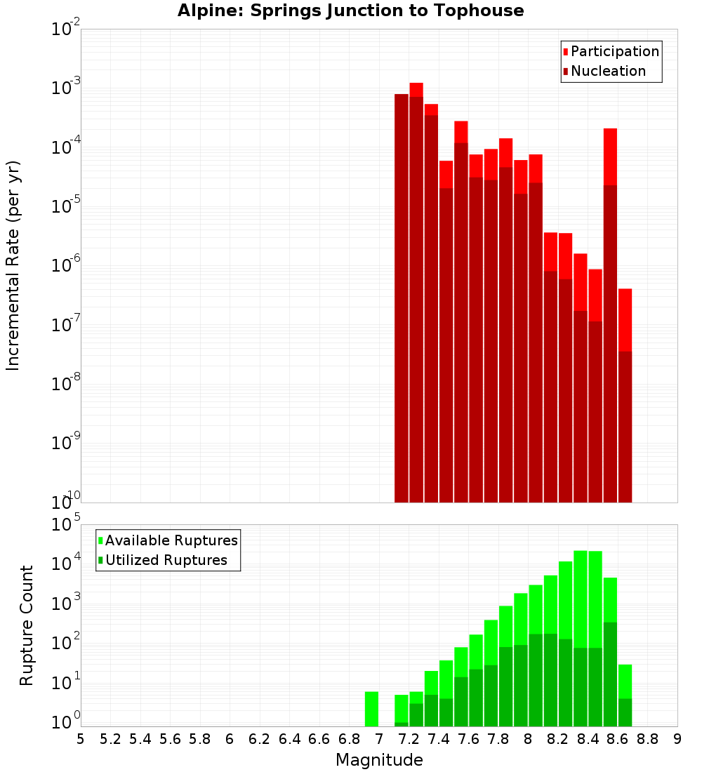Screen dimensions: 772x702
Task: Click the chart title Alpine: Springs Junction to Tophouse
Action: (x=350, y=11)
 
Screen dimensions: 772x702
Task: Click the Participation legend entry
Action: (x=615, y=51)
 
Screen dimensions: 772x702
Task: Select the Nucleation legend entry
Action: (x=608, y=71)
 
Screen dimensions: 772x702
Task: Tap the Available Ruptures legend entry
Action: (x=171, y=540)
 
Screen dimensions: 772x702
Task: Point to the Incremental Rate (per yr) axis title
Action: (x=13, y=265)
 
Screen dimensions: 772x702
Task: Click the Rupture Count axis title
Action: (x=27, y=625)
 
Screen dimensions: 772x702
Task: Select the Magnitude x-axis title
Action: (x=379, y=760)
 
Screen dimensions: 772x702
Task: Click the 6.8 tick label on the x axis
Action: (x=349, y=739)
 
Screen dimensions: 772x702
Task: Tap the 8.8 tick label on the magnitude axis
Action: (x=647, y=739)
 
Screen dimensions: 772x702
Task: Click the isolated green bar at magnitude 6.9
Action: (x=371, y=709)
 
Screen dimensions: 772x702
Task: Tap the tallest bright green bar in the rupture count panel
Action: (x=581, y=597)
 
